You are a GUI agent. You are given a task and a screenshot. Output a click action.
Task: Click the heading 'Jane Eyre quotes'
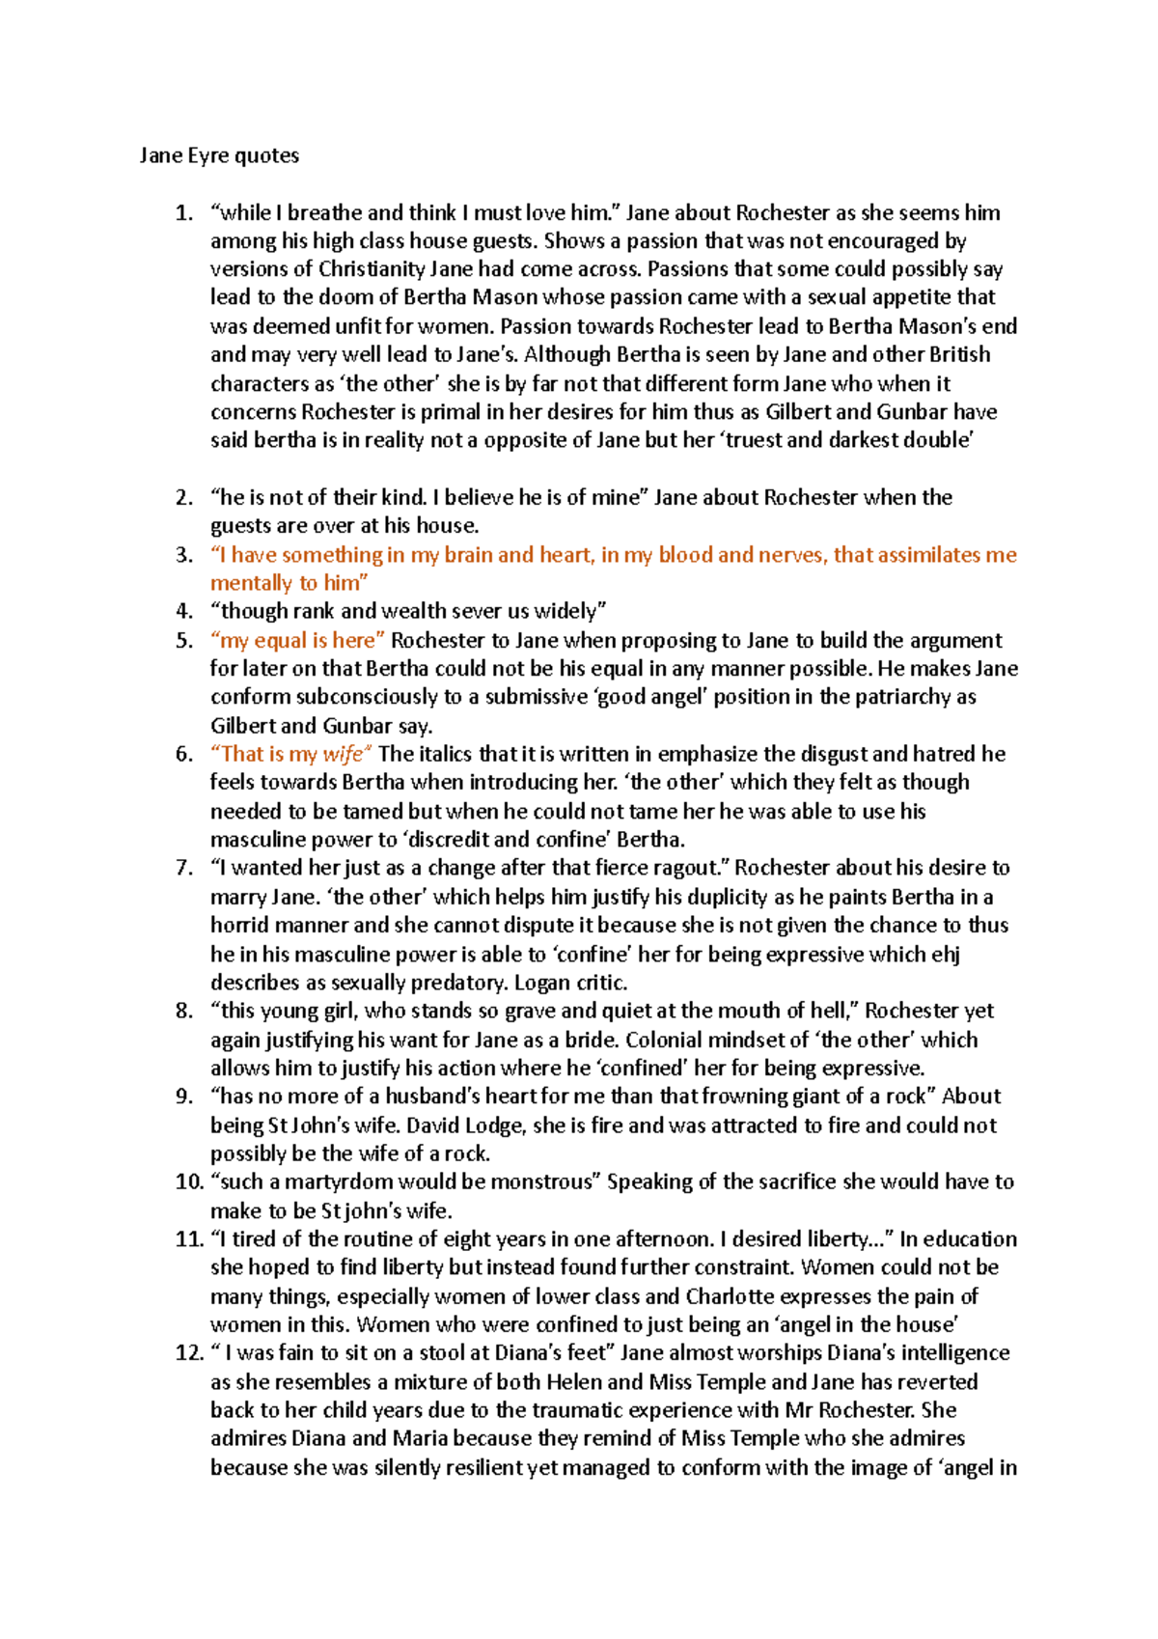tap(219, 155)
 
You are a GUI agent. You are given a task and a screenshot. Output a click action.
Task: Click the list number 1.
tap(183, 213)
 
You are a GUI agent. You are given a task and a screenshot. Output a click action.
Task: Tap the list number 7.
tap(183, 868)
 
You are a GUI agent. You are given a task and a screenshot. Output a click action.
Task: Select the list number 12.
tap(187, 1353)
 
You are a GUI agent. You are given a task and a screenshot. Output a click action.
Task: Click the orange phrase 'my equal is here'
tap(297, 641)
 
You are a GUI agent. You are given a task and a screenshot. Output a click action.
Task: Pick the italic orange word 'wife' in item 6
tap(343, 755)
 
